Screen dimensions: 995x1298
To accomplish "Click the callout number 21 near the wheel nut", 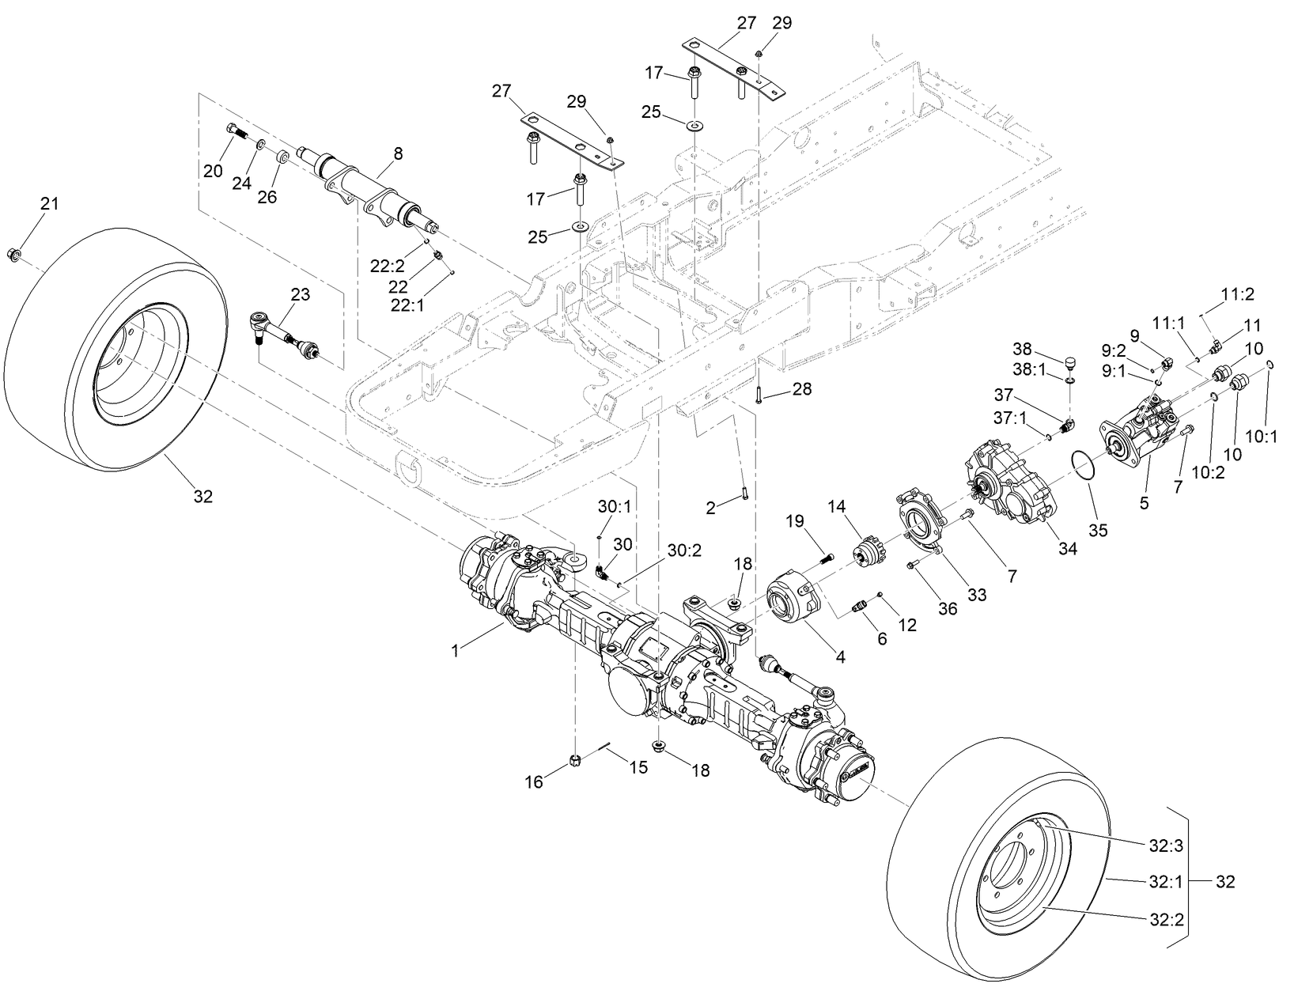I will tap(49, 204).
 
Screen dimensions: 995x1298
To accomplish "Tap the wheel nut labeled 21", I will tap(15, 254).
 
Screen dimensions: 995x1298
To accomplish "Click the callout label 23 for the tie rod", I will tap(300, 294).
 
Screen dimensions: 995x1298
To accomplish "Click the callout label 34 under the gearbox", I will tap(1068, 548).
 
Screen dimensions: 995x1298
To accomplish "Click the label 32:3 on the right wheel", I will tap(1165, 845).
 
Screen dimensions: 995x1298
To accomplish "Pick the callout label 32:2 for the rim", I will tap(1165, 918).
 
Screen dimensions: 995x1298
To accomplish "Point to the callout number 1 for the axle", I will tap(455, 651).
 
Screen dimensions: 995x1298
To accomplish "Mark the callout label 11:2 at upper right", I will tap(1237, 295).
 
